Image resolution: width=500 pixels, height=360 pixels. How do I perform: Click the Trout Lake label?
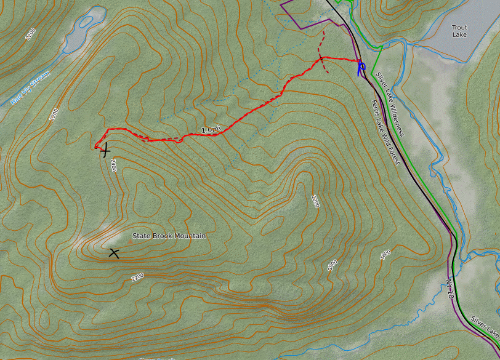point(459,31)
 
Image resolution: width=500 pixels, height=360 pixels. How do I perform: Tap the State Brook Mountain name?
point(169,236)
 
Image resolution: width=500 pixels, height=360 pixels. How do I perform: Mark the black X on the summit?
point(114,252)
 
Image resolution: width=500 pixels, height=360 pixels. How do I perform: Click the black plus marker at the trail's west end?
point(106,150)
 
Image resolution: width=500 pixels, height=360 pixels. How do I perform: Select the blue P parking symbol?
point(361,66)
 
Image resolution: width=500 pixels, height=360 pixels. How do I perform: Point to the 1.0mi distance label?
point(211,130)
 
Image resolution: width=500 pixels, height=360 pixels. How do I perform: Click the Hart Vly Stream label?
point(30,88)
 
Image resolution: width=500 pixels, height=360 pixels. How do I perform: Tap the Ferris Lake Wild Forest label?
point(385,133)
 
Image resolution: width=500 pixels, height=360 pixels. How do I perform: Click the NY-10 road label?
point(450,289)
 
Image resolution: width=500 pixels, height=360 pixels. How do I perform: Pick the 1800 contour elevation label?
point(385,254)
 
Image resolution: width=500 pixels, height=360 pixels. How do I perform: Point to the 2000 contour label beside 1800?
point(333,265)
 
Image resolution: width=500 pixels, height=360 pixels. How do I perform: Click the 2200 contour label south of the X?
point(137,277)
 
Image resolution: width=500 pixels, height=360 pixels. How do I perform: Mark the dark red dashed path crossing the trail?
point(321,52)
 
